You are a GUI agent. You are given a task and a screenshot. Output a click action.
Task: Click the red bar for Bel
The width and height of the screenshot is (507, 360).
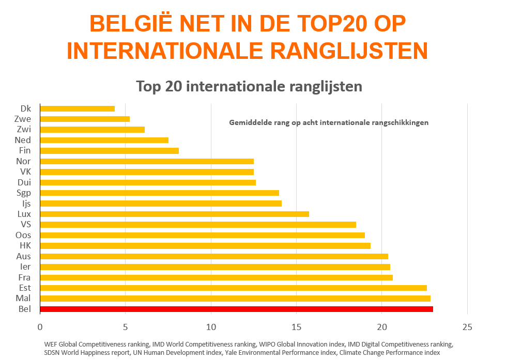point(236,309)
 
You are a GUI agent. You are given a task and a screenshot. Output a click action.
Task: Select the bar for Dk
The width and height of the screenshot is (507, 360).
point(78,108)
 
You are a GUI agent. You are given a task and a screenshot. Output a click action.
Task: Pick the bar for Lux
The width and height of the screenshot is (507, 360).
point(174,214)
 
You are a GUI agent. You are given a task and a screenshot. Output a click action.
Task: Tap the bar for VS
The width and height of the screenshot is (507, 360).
point(198,224)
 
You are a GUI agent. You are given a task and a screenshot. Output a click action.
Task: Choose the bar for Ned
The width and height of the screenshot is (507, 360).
point(104,140)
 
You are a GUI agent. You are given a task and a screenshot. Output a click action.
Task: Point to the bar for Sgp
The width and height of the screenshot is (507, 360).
point(159,193)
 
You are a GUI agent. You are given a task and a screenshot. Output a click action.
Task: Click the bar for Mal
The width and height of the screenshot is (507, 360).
point(235,299)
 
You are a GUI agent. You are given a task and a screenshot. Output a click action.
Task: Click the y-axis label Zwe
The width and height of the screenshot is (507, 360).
point(23,119)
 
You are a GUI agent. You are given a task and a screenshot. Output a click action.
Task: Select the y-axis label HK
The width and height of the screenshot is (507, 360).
point(25,245)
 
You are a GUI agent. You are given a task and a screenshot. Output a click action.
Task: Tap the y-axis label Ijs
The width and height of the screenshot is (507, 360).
point(25,204)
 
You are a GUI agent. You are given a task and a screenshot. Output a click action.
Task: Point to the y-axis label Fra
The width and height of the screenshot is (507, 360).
point(24,277)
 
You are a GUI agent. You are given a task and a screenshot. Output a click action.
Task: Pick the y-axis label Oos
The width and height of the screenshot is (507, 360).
point(23,235)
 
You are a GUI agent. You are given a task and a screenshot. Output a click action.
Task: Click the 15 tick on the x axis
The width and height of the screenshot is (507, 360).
point(296,327)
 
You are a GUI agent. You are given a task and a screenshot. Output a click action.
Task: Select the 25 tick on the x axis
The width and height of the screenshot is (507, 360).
point(467,327)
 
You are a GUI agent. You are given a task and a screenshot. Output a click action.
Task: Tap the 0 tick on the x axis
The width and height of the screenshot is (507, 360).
point(40,327)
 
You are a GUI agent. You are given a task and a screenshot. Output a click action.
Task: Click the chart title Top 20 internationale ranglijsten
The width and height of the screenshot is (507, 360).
point(249,86)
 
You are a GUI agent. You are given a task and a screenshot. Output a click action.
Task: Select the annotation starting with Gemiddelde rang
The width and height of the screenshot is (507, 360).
point(329,123)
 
